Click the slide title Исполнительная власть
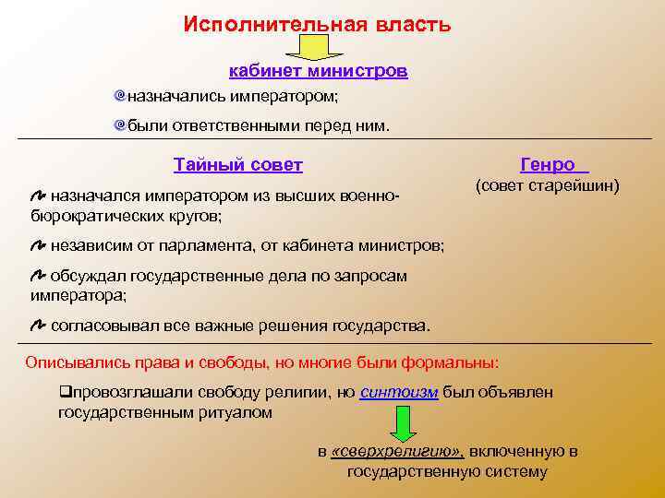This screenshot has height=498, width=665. point(317,25)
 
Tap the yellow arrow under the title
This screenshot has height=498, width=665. point(318,48)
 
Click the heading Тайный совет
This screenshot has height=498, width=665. point(237,165)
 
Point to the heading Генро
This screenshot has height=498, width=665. point(552,165)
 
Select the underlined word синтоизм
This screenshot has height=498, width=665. point(399,392)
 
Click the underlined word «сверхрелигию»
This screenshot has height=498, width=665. point(397,451)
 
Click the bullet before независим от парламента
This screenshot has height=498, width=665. point(38,245)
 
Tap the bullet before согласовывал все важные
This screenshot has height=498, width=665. point(38,326)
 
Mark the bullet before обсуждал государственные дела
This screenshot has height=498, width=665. point(38,276)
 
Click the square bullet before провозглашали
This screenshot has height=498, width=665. point(64,392)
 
